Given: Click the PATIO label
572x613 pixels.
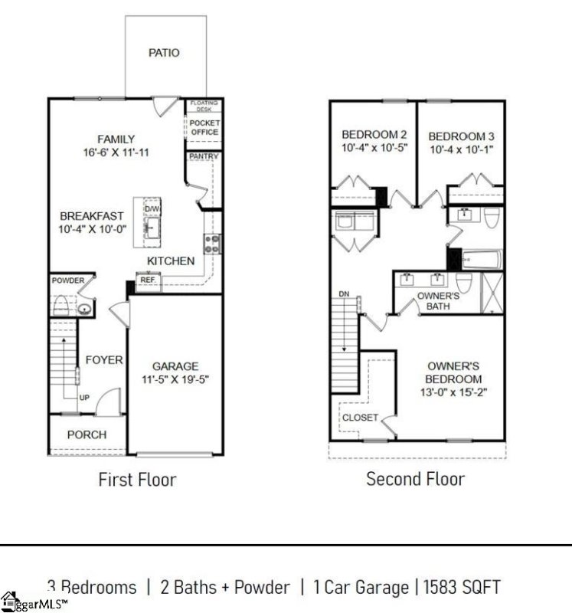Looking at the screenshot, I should (x=164, y=53).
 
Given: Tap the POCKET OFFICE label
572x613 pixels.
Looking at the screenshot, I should (x=204, y=127).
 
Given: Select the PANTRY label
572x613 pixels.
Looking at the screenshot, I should (x=204, y=157).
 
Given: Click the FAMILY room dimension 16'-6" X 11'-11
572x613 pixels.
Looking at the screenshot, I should (x=116, y=152).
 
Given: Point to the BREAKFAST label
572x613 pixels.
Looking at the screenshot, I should (x=91, y=216).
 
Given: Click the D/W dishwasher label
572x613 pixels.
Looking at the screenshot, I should (x=152, y=209).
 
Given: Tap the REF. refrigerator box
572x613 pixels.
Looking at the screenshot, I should (x=148, y=281).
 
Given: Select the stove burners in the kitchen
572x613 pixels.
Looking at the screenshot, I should (x=211, y=244).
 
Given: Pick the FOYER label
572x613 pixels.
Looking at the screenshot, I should (x=103, y=359).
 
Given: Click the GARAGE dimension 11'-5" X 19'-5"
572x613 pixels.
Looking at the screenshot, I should (x=175, y=379).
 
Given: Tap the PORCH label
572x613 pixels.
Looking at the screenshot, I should (x=87, y=434).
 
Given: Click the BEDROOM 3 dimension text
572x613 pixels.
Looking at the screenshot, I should (x=460, y=149).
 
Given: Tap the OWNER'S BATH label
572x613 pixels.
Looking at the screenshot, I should (x=438, y=300).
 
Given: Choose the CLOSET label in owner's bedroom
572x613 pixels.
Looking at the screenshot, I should (x=360, y=418).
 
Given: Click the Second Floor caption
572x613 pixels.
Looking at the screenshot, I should (x=415, y=479).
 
